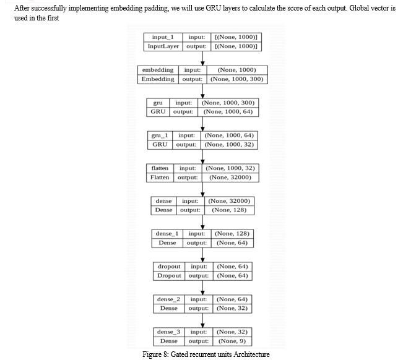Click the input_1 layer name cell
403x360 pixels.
point(163,37)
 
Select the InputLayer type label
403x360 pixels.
point(163,46)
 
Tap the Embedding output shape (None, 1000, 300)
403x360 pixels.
point(237,79)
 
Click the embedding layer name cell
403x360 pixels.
point(158,70)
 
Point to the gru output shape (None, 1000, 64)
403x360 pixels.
point(228,112)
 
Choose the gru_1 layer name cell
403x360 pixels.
point(160,135)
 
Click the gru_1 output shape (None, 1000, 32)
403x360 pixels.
point(229,145)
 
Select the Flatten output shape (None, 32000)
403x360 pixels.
point(230,178)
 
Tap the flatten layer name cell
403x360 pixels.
point(160,168)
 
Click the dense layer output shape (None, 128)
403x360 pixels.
point(229,210)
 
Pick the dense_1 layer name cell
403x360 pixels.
point(167,234)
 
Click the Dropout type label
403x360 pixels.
point(169,276)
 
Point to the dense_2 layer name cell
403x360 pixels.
point(168,299)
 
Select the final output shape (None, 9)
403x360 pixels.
point(232,341)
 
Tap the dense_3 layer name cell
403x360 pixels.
point(168,332)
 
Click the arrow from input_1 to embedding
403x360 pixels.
point(202,58)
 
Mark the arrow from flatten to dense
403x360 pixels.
point(202,189)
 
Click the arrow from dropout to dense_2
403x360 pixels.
point(202,288)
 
